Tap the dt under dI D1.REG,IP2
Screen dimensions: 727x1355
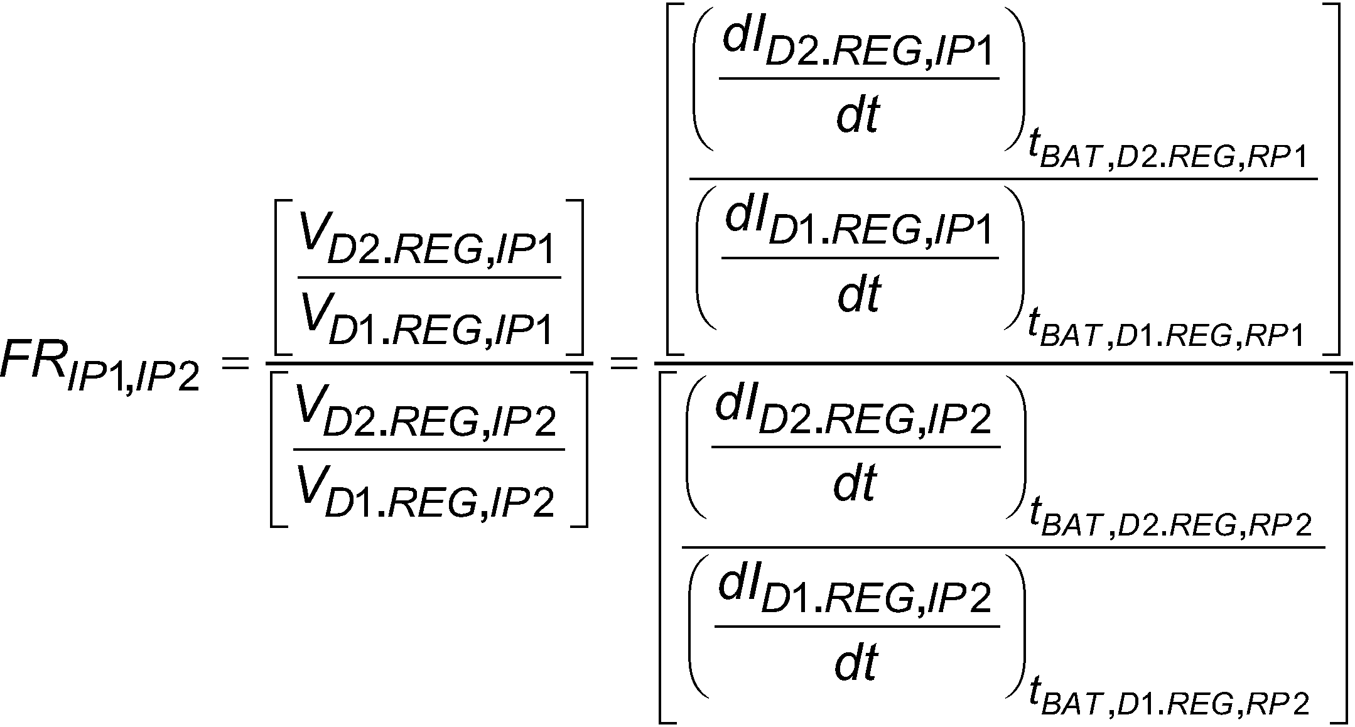(x=855, y=663)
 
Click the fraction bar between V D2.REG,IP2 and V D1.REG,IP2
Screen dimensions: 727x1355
(x=429, y=449)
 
